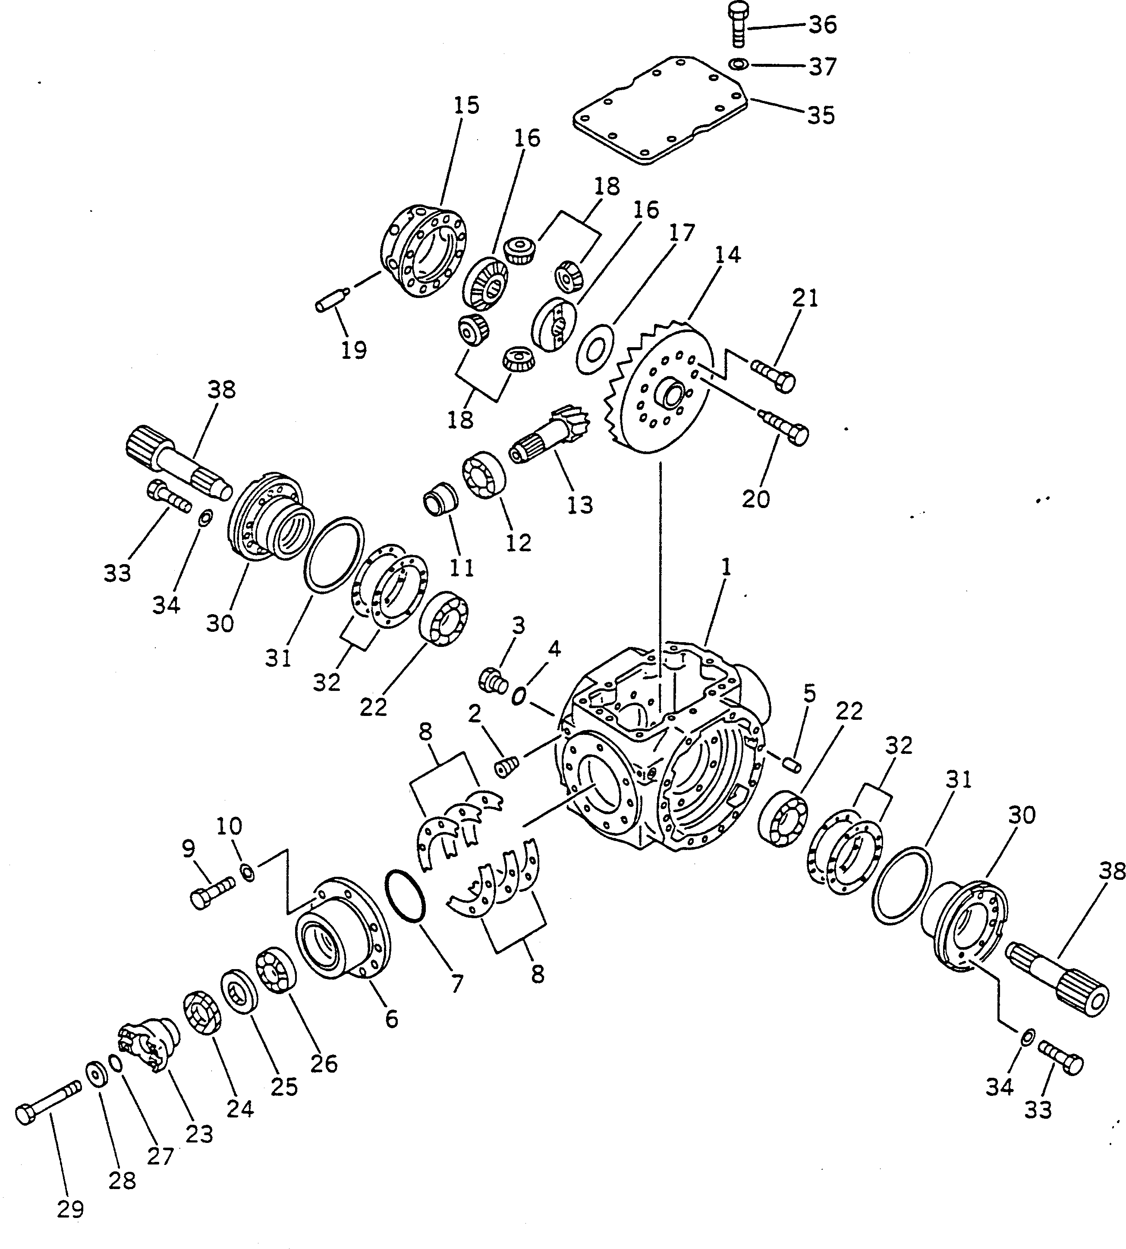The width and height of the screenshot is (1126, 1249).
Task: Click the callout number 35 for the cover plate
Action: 821,115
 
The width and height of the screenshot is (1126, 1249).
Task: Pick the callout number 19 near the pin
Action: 354,350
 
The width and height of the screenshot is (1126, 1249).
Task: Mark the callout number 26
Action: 324,1064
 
